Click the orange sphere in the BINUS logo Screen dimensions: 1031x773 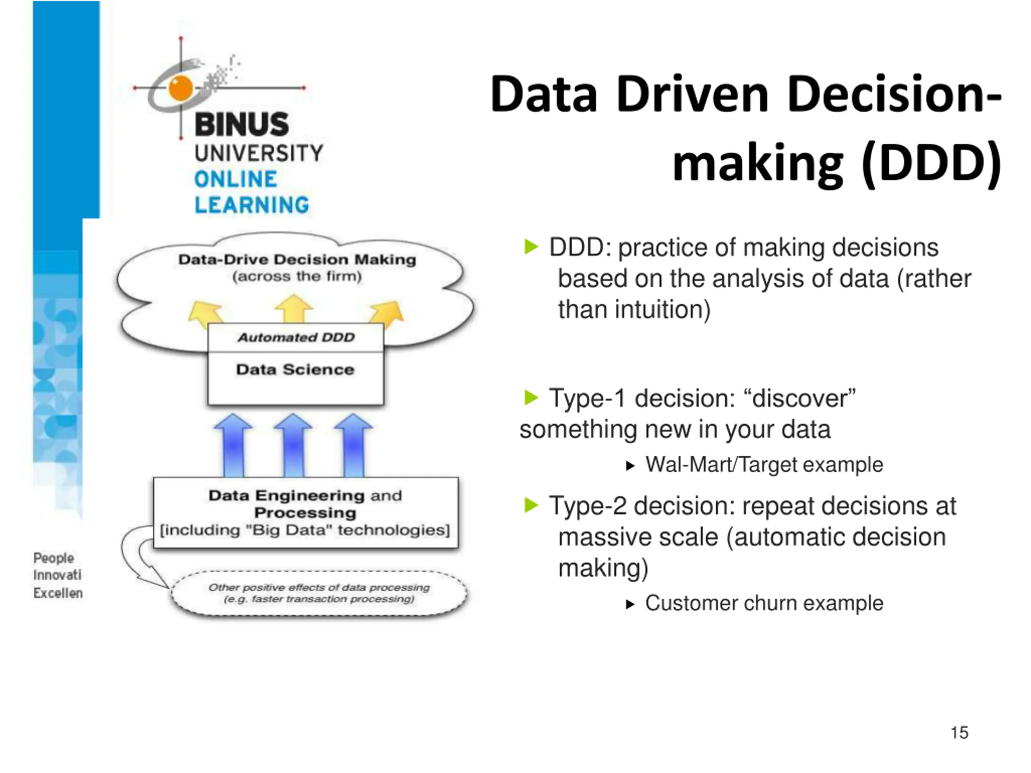pos(181,88)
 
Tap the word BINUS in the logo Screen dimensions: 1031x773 pos(242,124)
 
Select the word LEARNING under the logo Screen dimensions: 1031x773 pos(252,205)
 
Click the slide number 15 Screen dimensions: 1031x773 pos(959,732)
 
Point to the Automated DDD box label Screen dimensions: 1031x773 pos(296,337)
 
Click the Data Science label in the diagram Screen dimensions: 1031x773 pos(295,370)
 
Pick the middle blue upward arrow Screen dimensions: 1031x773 pos(293,445)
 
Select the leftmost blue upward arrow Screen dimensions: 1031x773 pos(233,445)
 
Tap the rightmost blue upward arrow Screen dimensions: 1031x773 pos(353,445)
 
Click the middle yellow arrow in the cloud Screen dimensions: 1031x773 pos(294,308)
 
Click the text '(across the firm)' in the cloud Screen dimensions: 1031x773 pos(297,276)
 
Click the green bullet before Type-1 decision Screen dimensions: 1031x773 pos(531,397)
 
